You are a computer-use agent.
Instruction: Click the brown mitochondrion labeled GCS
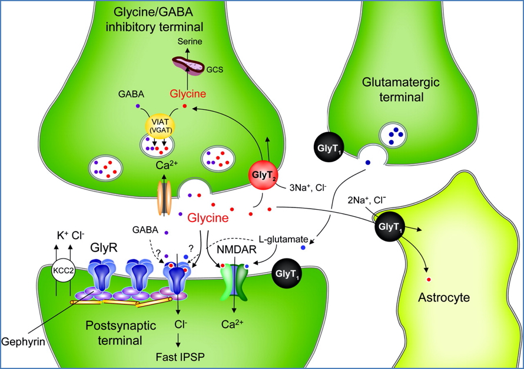click(190, 66)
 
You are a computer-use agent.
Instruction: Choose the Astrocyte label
click(443, 297)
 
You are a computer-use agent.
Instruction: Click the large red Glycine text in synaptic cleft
click(207, 218)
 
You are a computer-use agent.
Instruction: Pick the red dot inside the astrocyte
click(428, 277)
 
